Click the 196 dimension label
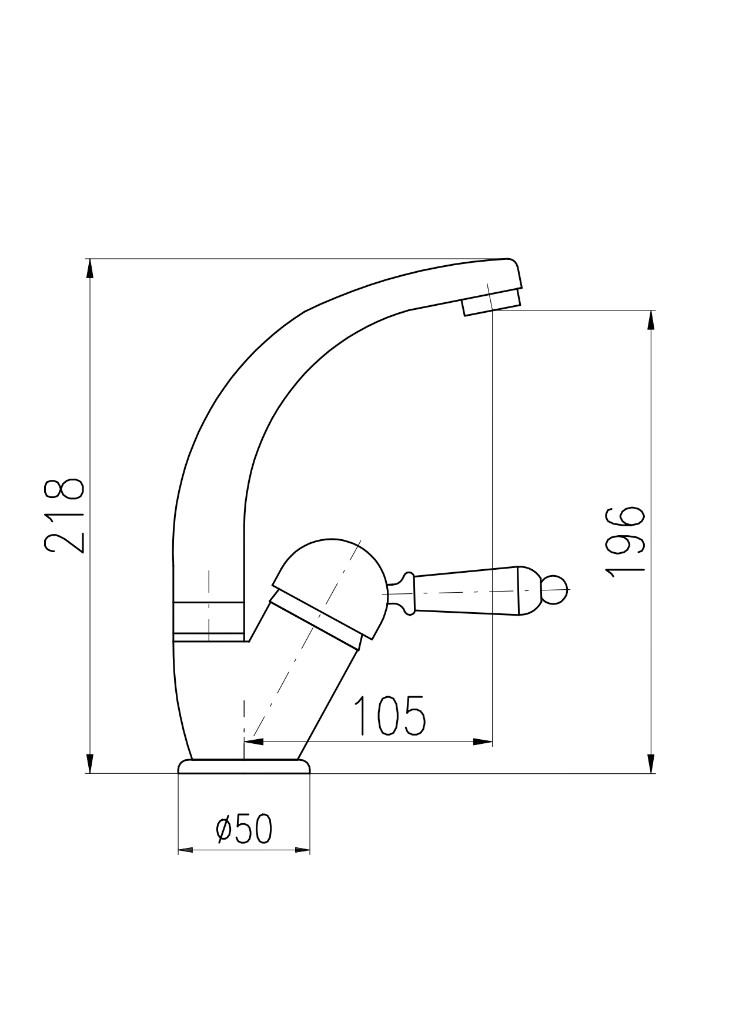[625, 542]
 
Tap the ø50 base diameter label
[244, 829]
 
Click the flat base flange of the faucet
[244, 766]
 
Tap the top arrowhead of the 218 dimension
[89, 269]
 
